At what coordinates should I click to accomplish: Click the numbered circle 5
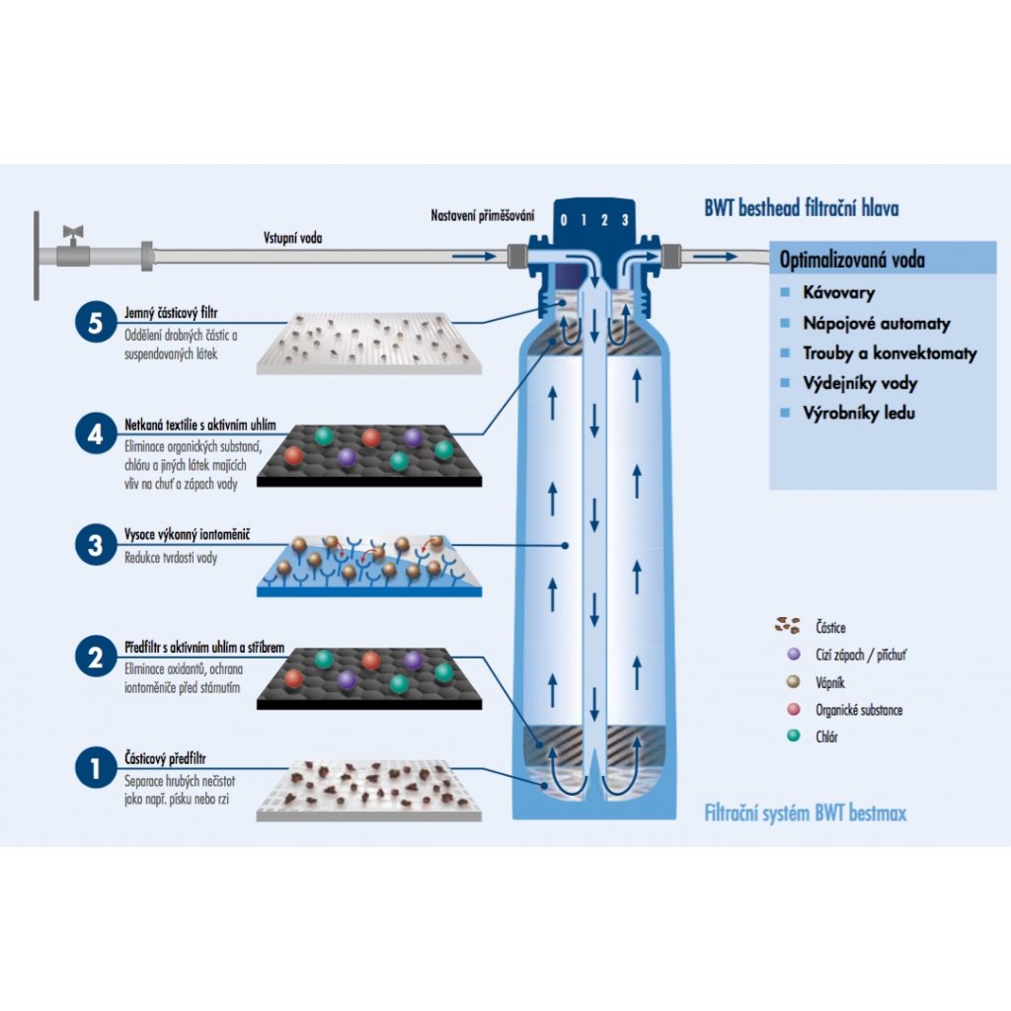(x=95, y=325)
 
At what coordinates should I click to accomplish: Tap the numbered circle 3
(x=95, y=545)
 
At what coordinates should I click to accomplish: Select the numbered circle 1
(x=95, y=768)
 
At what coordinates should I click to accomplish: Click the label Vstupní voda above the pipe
(x=292, y=238)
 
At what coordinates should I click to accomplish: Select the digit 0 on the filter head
(x=563, y=220)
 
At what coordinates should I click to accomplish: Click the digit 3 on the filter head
(x=624, y=220)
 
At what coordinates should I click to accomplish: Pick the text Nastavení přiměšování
(x=483, y=214)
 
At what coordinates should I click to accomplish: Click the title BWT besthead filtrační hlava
(x=801, y=208)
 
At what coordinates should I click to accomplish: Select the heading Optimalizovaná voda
(x=852, y=261)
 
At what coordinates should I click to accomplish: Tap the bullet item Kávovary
(x=838, y=292)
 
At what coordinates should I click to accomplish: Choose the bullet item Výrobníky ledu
(x=858, y=413)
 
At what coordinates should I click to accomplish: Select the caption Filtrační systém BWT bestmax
(x=805, y=814)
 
